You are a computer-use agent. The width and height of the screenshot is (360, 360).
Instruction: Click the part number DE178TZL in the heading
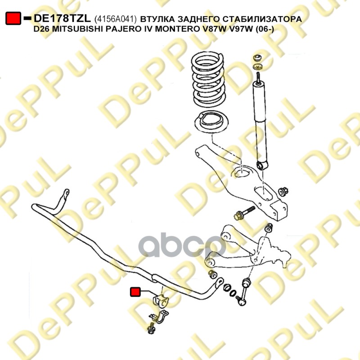coord(63,18)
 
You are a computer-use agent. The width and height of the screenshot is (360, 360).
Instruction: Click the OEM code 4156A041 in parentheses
coord(117,19)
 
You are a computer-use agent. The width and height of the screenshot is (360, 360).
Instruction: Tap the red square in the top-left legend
coord(13,19)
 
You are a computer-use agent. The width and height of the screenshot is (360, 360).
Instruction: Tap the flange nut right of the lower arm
coord(283,192)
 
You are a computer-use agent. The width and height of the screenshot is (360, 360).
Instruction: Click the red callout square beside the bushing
coord(135,292)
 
